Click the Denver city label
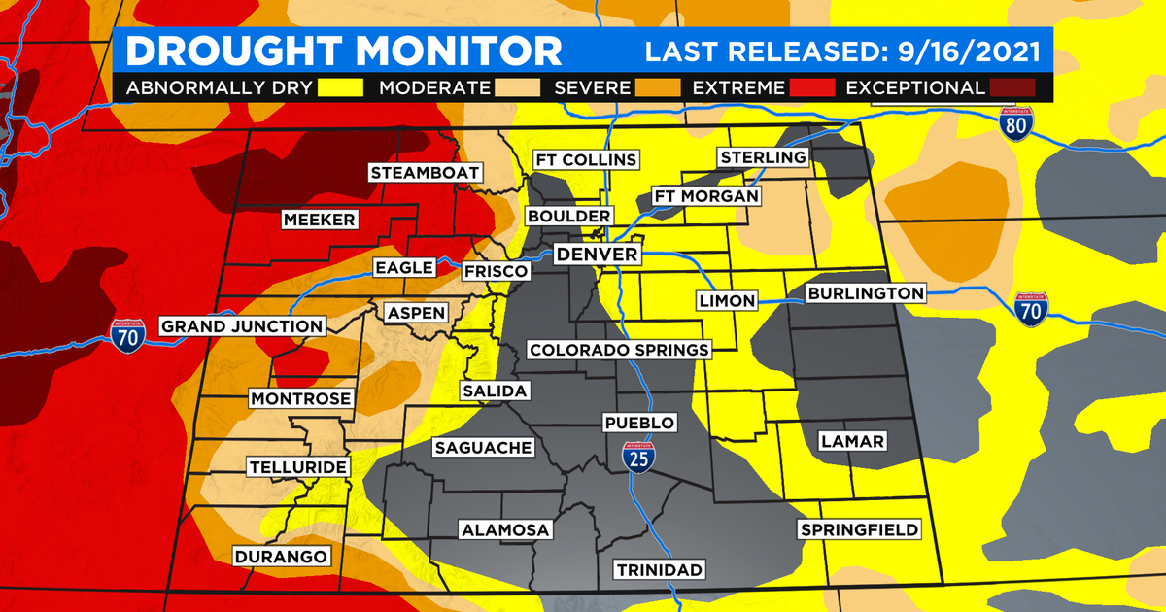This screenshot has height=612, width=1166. pos(598,255)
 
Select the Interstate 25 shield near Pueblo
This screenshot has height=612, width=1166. pos(637,457)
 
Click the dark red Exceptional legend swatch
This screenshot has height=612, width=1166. pos(1012,87)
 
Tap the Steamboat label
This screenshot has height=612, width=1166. pos(425,173)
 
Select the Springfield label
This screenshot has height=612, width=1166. pos(859,529)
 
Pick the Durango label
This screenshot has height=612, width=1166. pos(281,557)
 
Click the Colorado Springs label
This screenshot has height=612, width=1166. pos(618,350)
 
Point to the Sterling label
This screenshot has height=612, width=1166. pos(763,157)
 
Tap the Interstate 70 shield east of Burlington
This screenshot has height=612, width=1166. pos(1030,308)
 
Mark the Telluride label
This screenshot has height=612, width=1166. pos(297,467)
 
